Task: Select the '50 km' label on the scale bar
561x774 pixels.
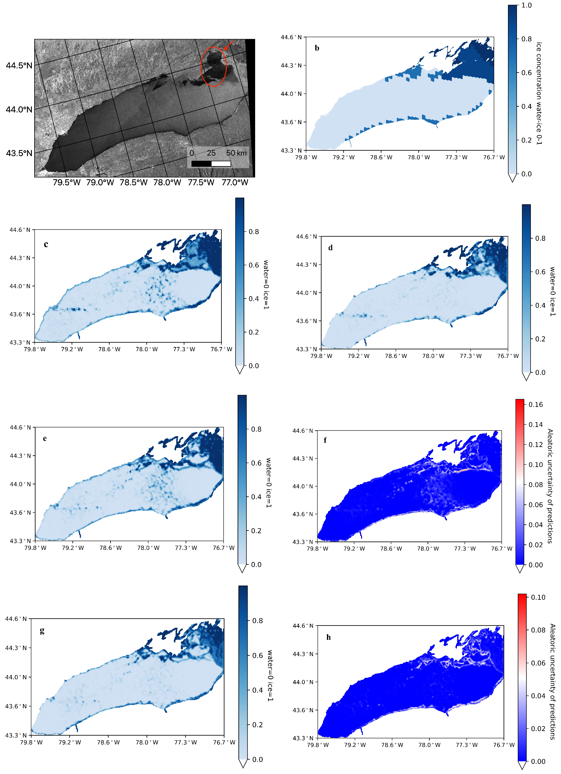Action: tap(236, 153)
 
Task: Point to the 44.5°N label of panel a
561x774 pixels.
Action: tap(19, 65)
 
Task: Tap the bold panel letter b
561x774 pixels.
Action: tap(317, 48)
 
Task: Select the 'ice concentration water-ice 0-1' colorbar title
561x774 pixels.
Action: tap(539, 93)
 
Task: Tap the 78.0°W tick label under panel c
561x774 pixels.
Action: tap(147, 349)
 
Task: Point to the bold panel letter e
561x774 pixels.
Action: tap(45, 438)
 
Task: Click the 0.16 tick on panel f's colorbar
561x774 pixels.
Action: tap(535, 404)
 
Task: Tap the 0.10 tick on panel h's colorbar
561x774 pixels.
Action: tap(538, 597)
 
